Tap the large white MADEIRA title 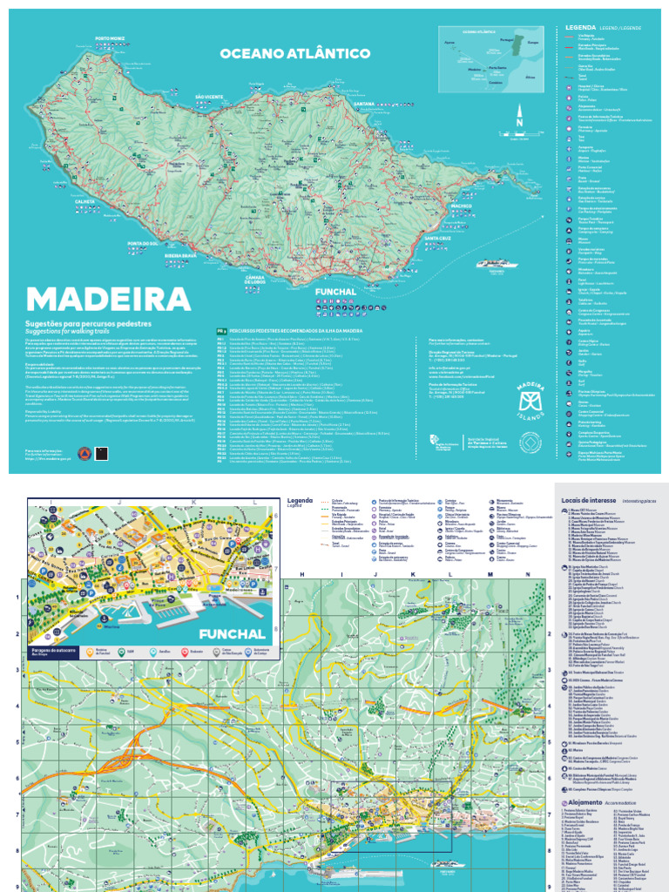(x=109, y=299)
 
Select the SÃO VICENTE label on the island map (x=209, y=96)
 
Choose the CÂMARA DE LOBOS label (x=262, y=277)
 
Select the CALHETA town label (x=85, y=201)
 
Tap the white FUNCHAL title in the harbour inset (x=231, y=633)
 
